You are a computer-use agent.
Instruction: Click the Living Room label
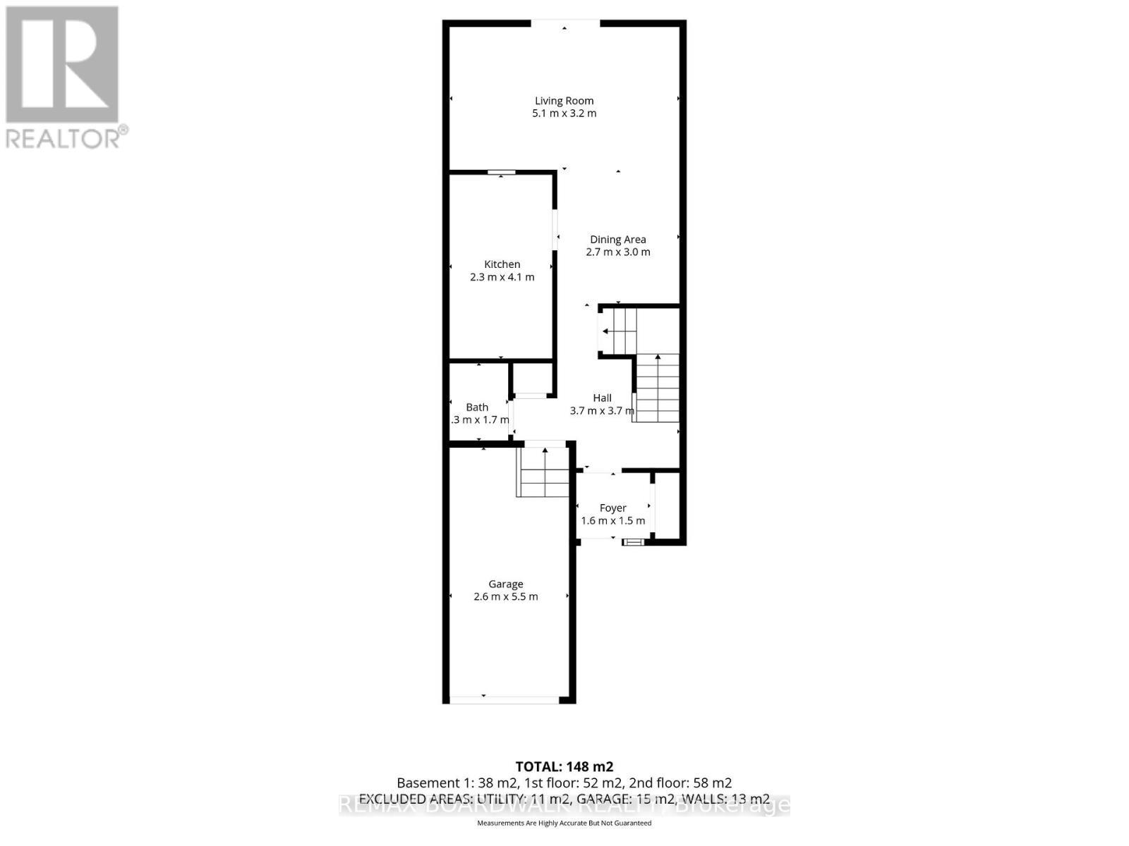(x=564, y=101)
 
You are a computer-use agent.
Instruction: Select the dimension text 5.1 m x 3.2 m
(x=564, y=114)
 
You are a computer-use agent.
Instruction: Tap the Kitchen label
(x=502, y=264)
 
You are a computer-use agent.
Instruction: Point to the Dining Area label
(x=618, y=240)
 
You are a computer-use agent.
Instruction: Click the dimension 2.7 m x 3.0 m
(x=618, y=252)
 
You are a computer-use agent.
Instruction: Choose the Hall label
(x=602, y=398)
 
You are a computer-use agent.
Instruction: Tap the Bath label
(x=477, y=407)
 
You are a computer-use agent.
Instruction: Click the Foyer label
(x=612, y=508)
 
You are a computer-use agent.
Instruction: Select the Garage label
(x=506, y=584)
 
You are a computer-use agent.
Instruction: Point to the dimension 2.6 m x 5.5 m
(x=506, y=597)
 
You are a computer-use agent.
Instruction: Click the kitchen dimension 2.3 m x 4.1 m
(x=502, y=277)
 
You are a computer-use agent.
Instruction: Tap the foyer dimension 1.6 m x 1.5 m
(x=612, y=521)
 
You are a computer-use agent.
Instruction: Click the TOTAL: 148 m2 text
(x=564, y=767)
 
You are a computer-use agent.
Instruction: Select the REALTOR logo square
(x=62, y=65)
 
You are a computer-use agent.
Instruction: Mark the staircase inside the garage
(x=543, y=472)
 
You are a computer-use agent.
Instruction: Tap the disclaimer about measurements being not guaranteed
(x=564, y=823)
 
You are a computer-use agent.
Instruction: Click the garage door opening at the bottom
(x=505, y=699)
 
